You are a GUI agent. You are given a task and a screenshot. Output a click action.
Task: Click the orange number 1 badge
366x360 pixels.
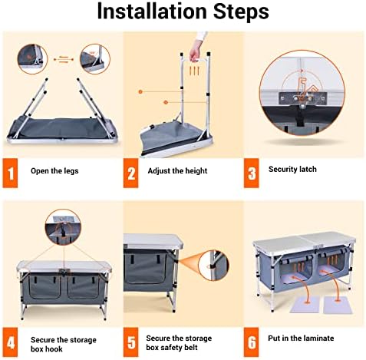pos(10,173)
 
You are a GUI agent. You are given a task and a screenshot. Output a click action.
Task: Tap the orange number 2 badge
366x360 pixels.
pos(130,173)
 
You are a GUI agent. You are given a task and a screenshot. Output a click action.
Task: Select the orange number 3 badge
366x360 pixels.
pos(252,173)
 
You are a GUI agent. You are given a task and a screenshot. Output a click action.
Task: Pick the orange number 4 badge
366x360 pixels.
pos(10,342)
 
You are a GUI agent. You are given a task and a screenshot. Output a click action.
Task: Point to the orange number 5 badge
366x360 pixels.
pos(130,342)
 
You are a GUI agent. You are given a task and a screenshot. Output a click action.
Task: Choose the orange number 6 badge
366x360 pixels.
pos(252,342)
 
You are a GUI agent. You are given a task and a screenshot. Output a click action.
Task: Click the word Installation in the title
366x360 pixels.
pos(152,12)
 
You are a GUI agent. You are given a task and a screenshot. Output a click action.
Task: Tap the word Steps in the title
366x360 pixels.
pos(241,12)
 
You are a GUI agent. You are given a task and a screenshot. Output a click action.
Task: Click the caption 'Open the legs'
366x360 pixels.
pos(54,171)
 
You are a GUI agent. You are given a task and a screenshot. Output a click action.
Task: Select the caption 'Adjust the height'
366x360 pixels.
pos(177,170)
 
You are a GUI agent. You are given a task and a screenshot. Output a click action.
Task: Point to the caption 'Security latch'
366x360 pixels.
pos(292,169)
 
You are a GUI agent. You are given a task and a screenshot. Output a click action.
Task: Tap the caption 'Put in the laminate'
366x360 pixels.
pos(301,339)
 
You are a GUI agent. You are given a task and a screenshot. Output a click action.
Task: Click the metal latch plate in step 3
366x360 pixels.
pos(303,98)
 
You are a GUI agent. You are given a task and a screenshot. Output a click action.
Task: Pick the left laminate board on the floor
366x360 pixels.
pos(305,305)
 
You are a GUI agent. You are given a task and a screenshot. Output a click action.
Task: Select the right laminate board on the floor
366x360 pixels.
pos(338,305)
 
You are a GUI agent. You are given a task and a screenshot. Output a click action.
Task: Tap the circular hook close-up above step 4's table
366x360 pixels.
pos(63,227)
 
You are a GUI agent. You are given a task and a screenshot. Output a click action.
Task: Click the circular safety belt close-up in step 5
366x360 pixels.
pos(213,266)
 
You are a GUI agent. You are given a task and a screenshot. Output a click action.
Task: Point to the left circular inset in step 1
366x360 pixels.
pos(32,59)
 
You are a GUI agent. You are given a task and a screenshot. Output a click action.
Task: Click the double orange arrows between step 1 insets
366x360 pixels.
pos(64,59)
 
